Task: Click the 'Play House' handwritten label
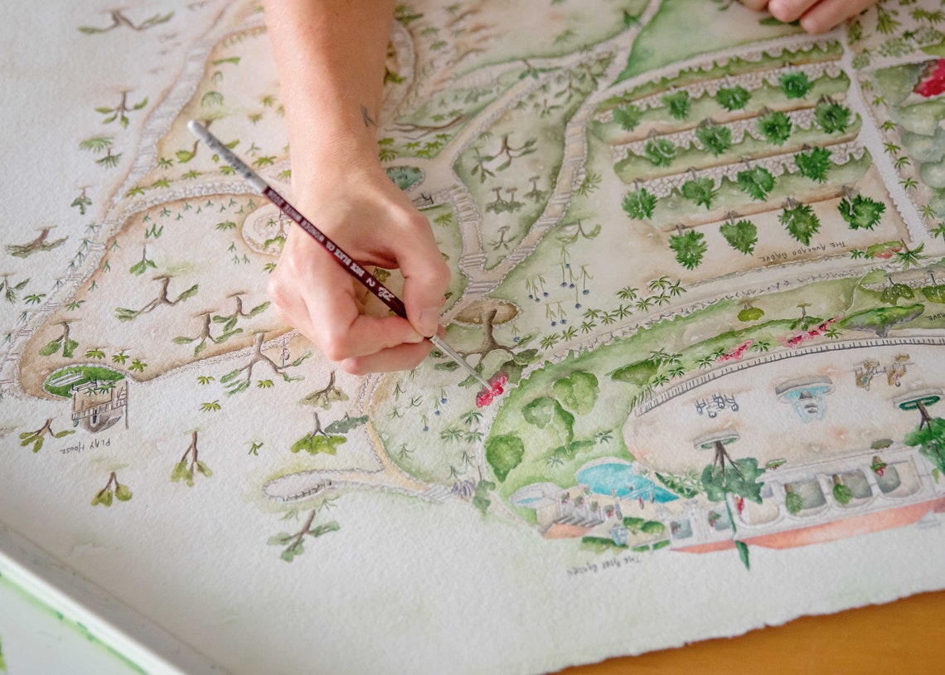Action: (85, 446)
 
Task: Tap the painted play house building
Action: (99, 406)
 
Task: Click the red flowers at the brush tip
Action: (491, 390)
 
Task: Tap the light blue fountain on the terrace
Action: (805, 398)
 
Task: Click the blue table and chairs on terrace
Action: (716, 405)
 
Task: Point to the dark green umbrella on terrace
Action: (918, 402)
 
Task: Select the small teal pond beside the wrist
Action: (405, 177)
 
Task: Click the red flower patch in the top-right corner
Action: (931, 80)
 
